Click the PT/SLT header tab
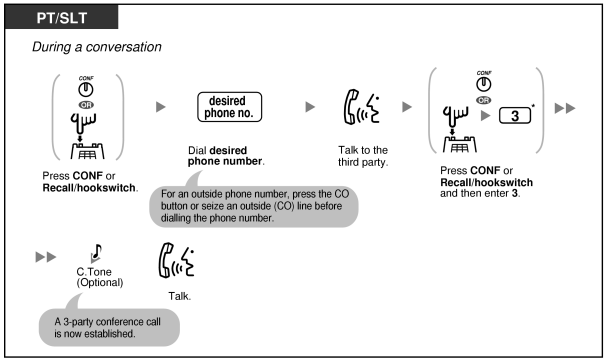tap(62, 17)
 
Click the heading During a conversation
tap(97, 47)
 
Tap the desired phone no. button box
tap(230, 107)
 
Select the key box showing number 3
tap(515, 115)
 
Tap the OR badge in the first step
tap(86, 105)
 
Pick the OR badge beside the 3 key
tap(484, 100)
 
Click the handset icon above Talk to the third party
tap(362, 107)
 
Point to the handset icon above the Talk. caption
tap(176, 260)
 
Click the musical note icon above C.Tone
tap(96, 253)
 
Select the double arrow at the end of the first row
tap(565, 108)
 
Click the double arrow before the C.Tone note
tap(46, 257)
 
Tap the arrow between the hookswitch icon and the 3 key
tap(485, 115)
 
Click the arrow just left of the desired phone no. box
tap(161, 107)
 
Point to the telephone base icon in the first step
tap(87, 151)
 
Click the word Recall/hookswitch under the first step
tap(89, 188)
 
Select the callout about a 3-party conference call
tap(109, 327)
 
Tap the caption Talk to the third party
tap(363, 156)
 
